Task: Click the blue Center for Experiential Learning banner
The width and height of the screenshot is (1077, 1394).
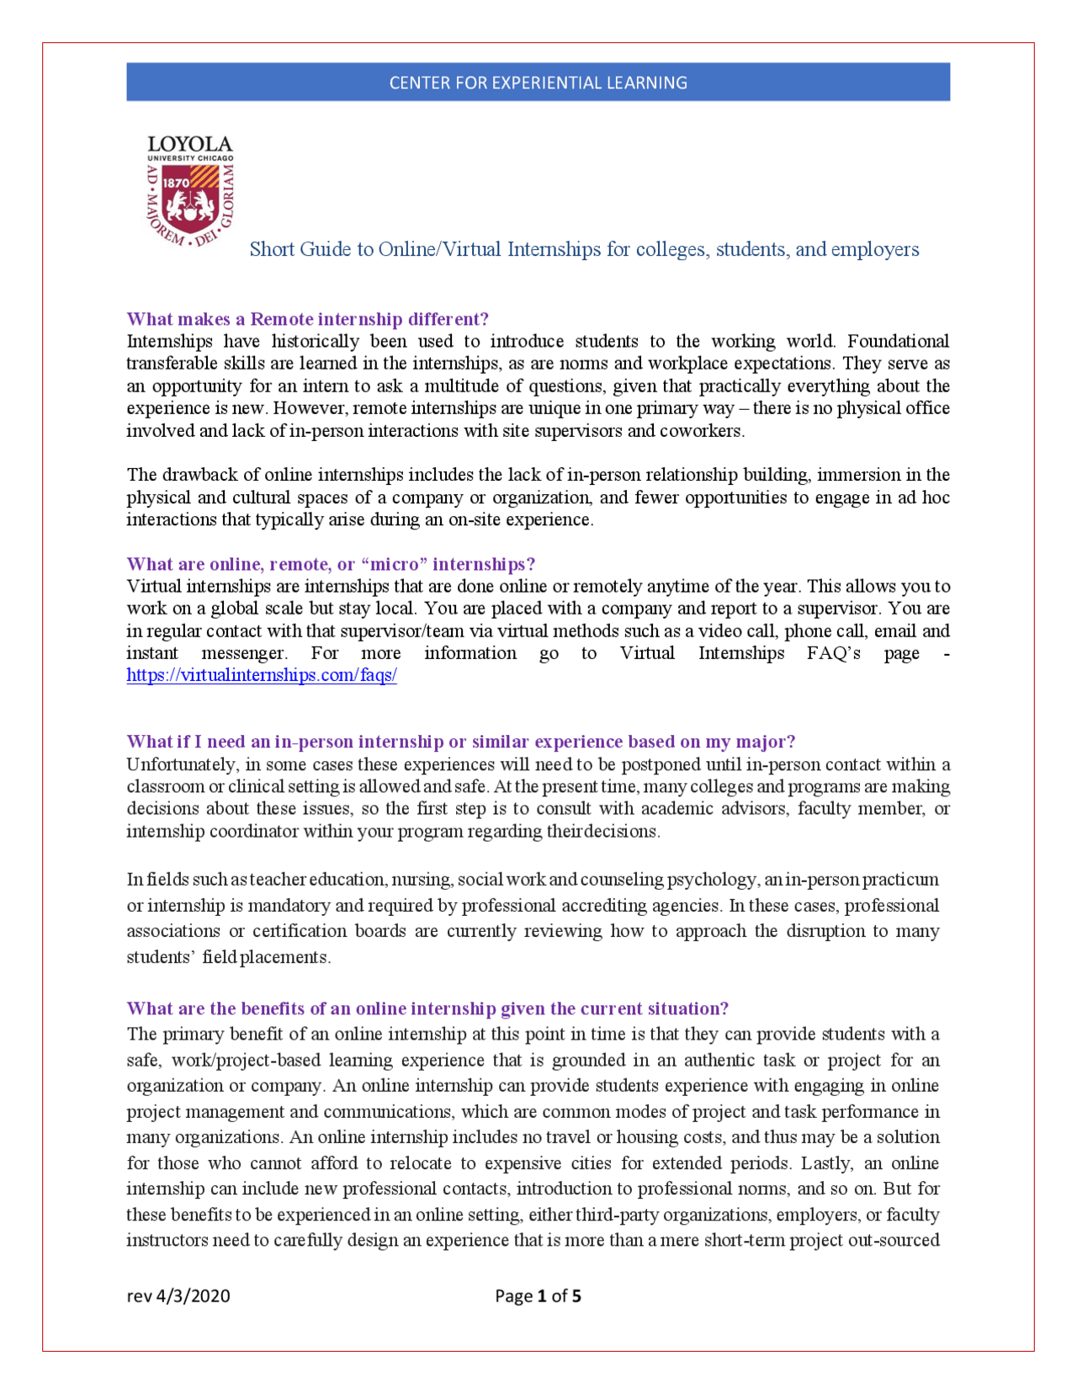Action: [x=538, y=82]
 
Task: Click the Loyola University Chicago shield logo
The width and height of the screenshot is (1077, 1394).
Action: [x=190, y=199]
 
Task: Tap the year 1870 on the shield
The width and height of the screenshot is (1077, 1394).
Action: [x=175, y=182]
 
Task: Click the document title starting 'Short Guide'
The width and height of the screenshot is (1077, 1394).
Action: [x=584, y=249]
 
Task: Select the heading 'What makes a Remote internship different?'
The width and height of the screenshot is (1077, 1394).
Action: [x=307, y=319]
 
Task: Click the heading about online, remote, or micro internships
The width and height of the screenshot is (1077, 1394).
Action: [x=331, y=564]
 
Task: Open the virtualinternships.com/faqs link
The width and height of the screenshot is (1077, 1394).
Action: [x=262, y=675]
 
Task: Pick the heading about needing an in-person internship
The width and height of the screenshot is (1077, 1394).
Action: [x=460, y=742]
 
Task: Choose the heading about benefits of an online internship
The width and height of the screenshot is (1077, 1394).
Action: [x=427, y=1008]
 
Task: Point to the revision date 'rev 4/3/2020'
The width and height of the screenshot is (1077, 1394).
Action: [x=178, y=1296]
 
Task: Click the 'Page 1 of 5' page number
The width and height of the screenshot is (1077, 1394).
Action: [x=538, y=1296]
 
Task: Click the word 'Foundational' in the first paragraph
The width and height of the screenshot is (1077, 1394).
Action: [x=898, y=341]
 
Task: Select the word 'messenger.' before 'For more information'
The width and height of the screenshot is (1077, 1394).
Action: [x=244, y=653]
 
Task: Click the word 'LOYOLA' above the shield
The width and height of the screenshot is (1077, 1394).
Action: [x=190, y=145]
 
